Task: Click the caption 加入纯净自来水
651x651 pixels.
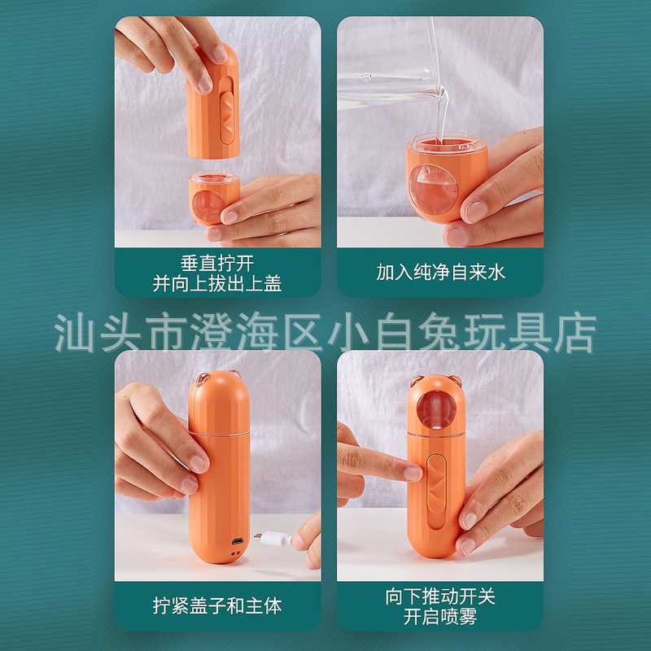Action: (x=440, y=273)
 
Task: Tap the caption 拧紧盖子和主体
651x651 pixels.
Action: (x=217, y=605)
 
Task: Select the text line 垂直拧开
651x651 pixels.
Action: (x=217, y=263)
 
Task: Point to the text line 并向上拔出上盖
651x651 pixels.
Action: (x=217, y=283)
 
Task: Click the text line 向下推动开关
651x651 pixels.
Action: (x=440, y=596)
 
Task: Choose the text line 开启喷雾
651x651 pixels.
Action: (x=440, y=617)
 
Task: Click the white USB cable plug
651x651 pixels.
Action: (x=273, y=538)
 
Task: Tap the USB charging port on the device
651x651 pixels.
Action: (x=238, y=541)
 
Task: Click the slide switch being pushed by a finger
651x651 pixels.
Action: (x=436, y=492)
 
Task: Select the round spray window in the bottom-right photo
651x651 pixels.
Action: (x=436, y=409)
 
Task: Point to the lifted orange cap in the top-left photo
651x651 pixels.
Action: (x=213, y=101)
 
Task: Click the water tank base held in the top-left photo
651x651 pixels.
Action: (x=213, y=199)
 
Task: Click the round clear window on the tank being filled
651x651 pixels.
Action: (x=433, y=189)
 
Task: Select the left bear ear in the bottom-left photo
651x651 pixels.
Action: (x=203, y=378)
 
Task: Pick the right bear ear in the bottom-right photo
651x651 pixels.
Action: (x=456, y=381)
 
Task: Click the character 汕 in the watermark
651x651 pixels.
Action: (x=74, y=333)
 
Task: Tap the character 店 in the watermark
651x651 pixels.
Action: (x=575, y=333)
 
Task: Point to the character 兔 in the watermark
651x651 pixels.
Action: (x=439, y=333)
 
